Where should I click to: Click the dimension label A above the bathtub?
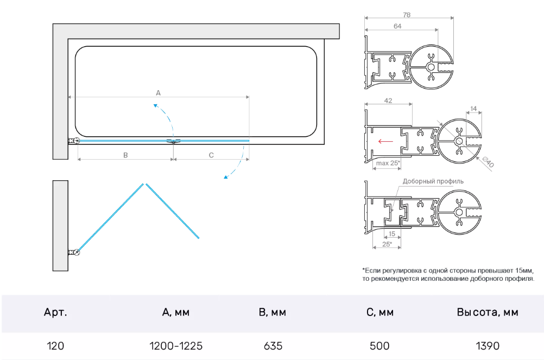pos(158,93)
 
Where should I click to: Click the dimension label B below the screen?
pos(125,155)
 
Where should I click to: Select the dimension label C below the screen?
pos(211,155)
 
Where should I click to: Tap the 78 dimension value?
pos(407,15)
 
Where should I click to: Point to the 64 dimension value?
pos(397,26)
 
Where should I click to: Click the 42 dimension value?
pos(388,100)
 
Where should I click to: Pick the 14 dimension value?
pos(473,109)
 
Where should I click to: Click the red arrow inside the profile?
pos(385,141)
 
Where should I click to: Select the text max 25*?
pos(388,163)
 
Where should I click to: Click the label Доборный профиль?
pos(433,181)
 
